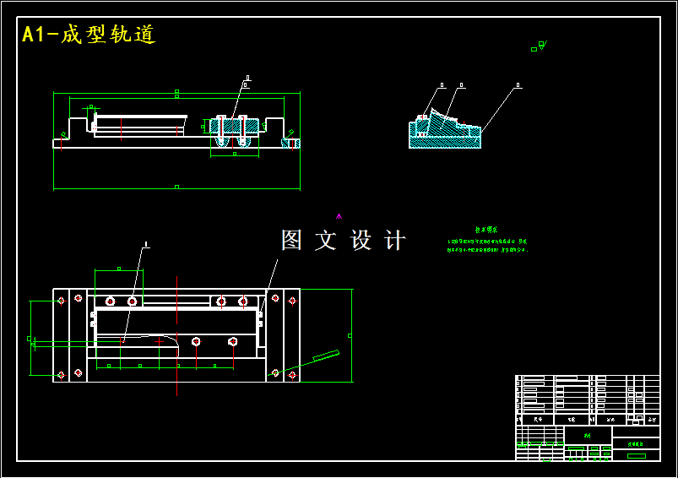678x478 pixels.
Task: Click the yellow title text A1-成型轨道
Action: click(89, 35)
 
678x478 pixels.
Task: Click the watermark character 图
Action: click(291, 240)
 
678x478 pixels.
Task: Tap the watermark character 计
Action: click(394, 240)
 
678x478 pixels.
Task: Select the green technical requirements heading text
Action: click(485, 230)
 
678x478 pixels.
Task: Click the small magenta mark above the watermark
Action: click(339, 216)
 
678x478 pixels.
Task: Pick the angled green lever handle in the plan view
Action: click(325, 356)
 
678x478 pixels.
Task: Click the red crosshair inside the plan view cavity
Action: click(159, 341)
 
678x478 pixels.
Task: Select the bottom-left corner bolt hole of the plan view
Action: click(61, 373)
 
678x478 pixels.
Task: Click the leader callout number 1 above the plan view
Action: click(146, 245)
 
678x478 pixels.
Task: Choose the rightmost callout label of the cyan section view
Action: click(518, 85)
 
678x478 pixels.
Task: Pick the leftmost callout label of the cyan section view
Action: click(441, 84)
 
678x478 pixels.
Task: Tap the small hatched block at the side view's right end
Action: click(291, 144)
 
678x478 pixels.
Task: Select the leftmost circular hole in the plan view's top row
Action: click(110, 301)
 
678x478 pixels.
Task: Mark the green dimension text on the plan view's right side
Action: click(350, 335)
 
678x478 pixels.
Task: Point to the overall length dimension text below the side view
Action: click(176, 186)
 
